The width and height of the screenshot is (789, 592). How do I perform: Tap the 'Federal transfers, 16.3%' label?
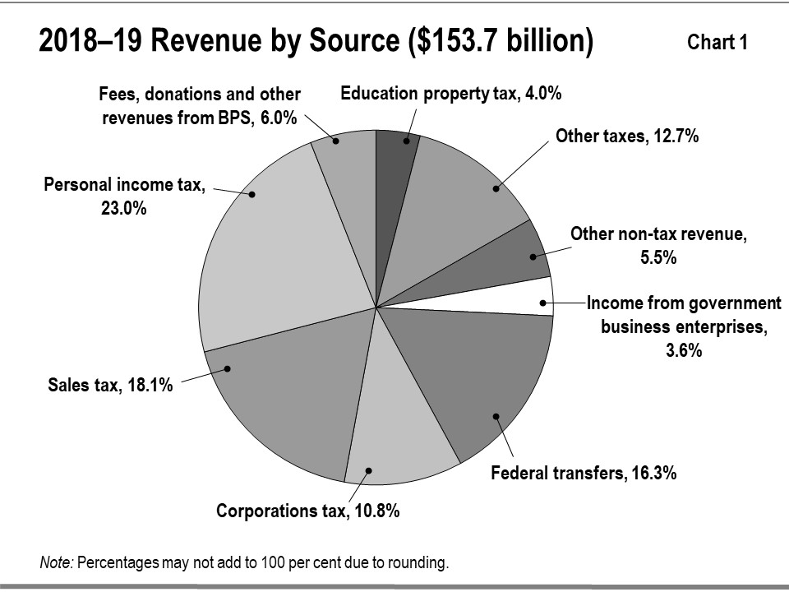[583, 474]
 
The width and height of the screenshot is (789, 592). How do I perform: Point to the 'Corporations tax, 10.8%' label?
[307, 511]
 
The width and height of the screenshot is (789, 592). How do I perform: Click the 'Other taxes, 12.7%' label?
[627, 136]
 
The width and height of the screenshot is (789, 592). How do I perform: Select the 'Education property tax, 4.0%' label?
[451, 94]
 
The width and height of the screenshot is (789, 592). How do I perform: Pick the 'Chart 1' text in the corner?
[717, 43]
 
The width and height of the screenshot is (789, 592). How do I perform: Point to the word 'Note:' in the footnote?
[57, 563]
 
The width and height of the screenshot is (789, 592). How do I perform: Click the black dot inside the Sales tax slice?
[228, 368]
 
